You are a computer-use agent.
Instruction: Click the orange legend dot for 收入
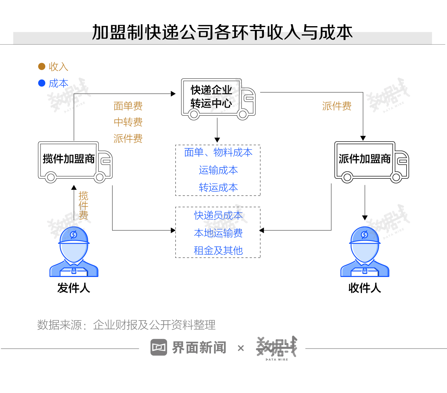coord(42,66)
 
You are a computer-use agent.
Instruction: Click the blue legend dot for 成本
coord(42,83)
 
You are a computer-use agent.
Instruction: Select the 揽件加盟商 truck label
coord(69,159)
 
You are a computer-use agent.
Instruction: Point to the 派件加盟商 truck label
coord(365,159)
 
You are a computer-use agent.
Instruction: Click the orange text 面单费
coord(128,106)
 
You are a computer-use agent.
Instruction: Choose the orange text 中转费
coord(128,122)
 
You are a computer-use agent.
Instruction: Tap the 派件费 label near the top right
coord(337,106)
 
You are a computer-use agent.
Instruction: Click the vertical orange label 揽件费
coord(83,205)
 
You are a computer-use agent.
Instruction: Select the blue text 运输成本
coord(218,170)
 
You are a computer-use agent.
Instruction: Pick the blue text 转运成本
coord(218,187)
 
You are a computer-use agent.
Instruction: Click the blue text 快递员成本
coord(218,215)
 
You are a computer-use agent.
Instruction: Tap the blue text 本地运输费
coord(218,233)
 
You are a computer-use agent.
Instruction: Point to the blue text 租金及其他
coord(218,250)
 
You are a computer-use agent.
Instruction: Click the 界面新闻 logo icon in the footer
coord(159,347)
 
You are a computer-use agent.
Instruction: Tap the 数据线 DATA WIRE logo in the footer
coord(277,347)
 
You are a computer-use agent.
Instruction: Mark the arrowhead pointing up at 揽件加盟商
coord(74,187)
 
